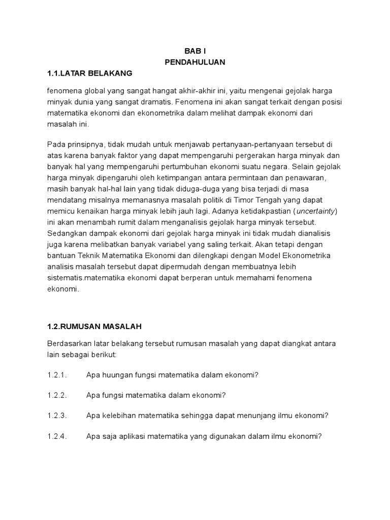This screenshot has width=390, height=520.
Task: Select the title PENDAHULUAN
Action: (195, 62)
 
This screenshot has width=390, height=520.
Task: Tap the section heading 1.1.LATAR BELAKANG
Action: (89, 73)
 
